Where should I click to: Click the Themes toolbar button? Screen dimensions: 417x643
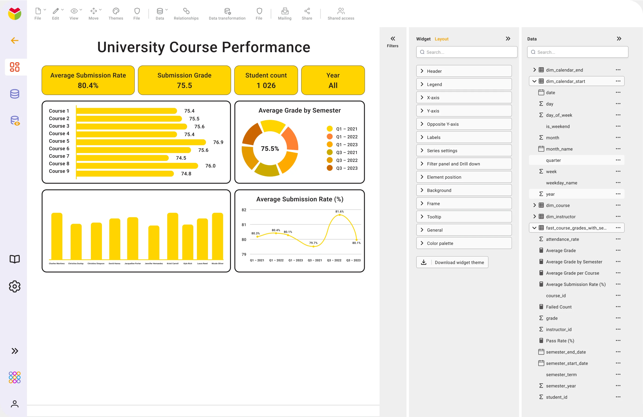tap(116, 13)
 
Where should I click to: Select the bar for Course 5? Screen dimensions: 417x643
tap(141, 142)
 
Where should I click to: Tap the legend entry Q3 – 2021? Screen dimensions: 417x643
tap(346, 153)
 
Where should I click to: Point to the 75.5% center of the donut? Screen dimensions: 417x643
tap(270, 148)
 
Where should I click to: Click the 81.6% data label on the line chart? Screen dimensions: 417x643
tap(339, 212)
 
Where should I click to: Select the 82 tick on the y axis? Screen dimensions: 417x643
tap(244, 210)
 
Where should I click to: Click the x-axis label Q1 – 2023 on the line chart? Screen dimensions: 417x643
tap(296, 260)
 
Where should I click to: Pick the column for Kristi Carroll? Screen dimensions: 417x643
tap(173, 236)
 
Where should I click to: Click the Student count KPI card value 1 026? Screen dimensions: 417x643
tap(266, 85)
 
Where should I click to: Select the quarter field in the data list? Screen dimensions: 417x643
tap(553, 160)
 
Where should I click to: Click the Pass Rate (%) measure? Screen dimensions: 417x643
tap(560, 341)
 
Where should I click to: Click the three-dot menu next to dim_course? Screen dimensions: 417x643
tap(618, 205)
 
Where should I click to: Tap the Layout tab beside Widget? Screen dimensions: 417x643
tap(441, 39)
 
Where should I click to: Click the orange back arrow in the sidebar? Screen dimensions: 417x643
tap(15, 41)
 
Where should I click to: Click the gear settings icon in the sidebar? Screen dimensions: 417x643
tap(15, 286)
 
